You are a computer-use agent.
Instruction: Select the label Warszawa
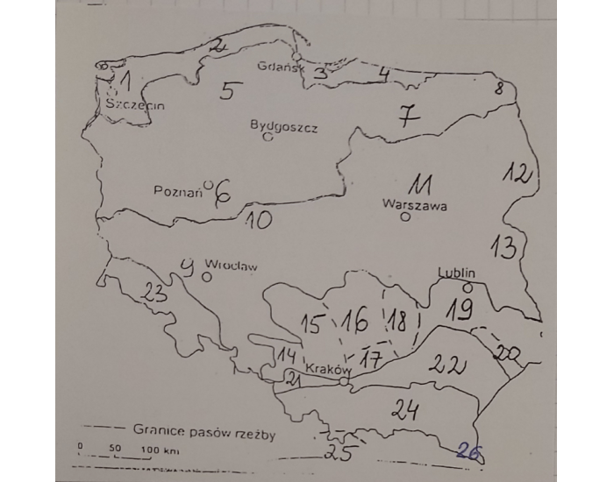[415, 207]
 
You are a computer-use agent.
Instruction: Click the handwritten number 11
[418, 185]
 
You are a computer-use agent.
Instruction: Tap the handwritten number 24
[404, 409]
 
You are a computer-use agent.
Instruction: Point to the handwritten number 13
[503, 247]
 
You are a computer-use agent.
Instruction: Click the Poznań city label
[178, 192]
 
